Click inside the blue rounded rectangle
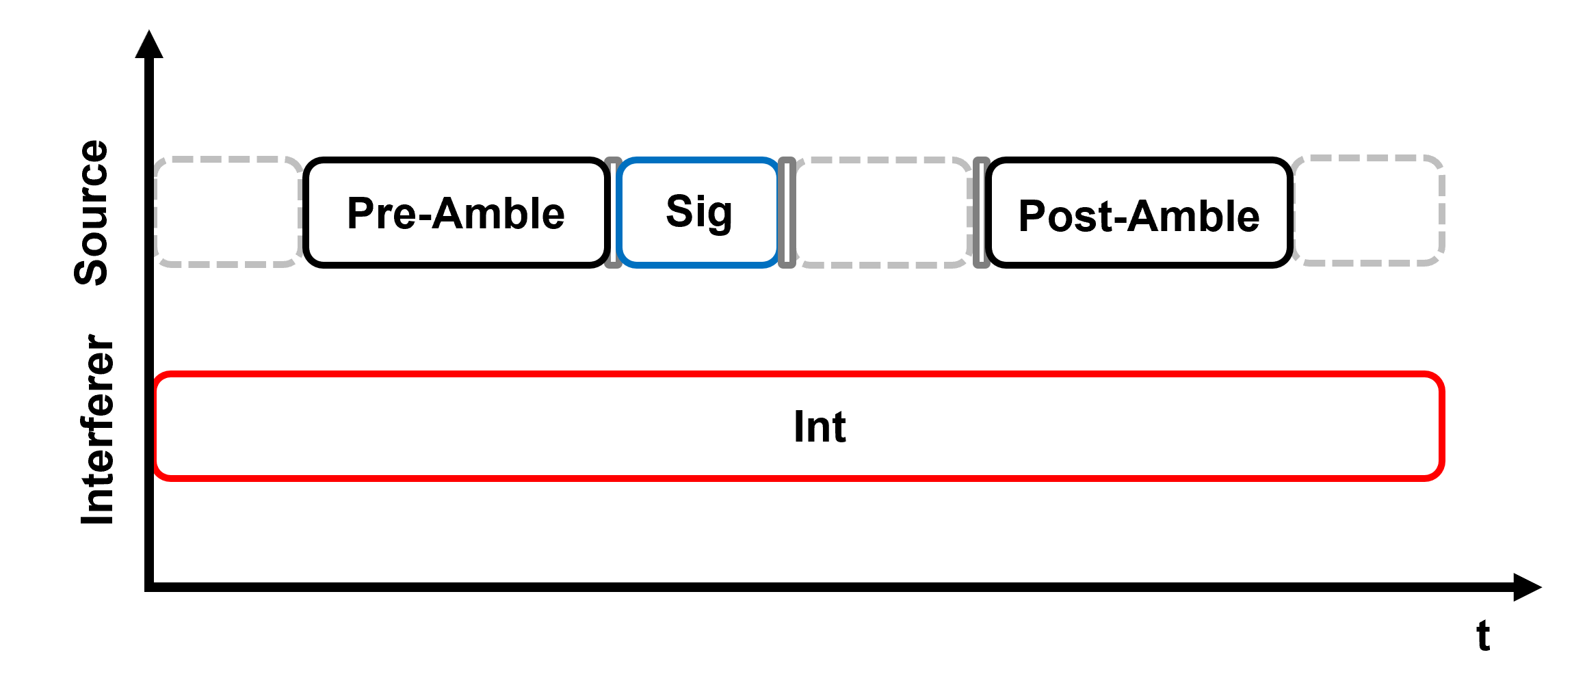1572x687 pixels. pyautogui.click(x=698, y=212)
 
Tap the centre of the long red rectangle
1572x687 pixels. pyautogui.click(x=799, y=427)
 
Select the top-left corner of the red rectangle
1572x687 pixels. pyautogui.click(x=157, y=375)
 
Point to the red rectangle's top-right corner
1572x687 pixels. pyautogui.click(x=1442, y=375)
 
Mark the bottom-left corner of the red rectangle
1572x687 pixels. pyautogui.click(x=157, y=479)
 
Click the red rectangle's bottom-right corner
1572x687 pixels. pyautogui.click(x=1442, y=479)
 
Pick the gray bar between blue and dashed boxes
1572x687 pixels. pyautogui.click(x=787, y=212)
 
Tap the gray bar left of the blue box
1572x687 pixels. pyautogui.click(x=612, y=212)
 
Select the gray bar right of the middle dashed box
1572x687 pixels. pyautogui.click(x=982, y=212)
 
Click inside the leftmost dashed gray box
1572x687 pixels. pyautogui.click(x=228, y=212)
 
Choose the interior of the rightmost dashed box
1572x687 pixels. pyautogui.click(x=1368, y=211)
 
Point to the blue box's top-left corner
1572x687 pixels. pyautogui.click(x=618, y=161)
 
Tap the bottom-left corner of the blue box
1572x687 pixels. pyautogui.click(x=618, y=265)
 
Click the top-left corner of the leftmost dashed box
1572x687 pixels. pyautogui.click(x=157, y=159)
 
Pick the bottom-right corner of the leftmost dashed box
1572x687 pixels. pyautogui.click(x=300, y=265)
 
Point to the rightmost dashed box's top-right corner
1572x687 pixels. pyautogui.click(x=1443, y=158)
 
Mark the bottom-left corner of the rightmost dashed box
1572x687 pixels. pyautogui.click(x=1294, y=263)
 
